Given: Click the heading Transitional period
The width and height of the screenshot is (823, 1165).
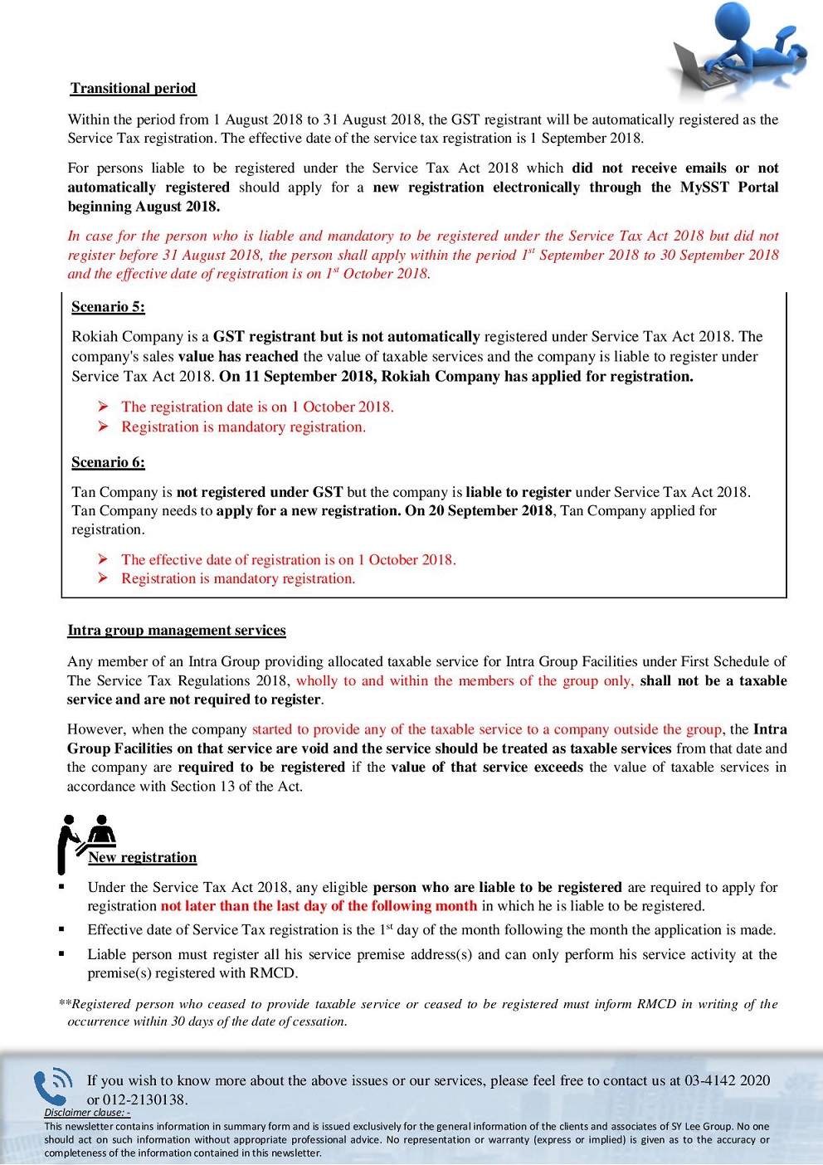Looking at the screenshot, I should (x=133, y=89).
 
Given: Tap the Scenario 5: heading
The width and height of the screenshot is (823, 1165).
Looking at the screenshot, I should (x=108, y=307).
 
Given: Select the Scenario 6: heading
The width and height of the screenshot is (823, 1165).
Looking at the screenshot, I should (x=108, y=462).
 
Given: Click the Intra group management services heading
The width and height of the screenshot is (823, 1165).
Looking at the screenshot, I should (x=176, y=631).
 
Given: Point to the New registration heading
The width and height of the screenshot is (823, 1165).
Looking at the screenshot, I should (x=143, y=858).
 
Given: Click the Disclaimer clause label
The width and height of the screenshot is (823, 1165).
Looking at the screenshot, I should (x=87, y=1113).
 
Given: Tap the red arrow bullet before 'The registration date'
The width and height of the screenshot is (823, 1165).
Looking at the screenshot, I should (x=103, y=407).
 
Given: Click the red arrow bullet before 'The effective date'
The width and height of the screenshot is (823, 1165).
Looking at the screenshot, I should (x=103, y=559).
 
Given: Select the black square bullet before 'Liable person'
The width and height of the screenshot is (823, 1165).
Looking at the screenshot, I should (x=61, y=954).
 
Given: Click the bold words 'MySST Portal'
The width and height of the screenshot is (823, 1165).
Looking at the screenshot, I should (x=729, y=188).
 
